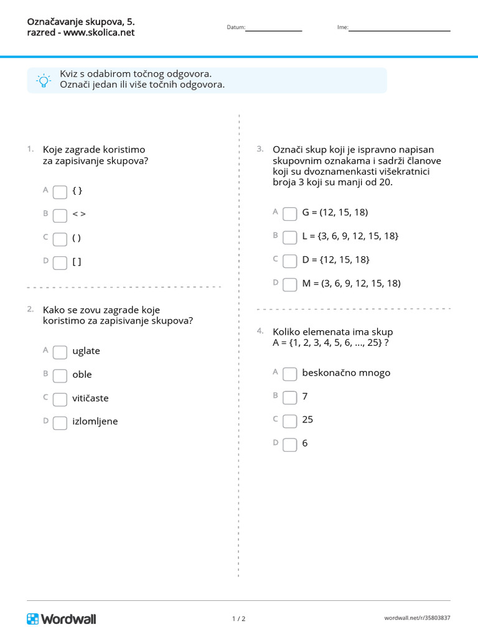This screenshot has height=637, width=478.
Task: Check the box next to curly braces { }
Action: pyautogui.click(x=60, y=192)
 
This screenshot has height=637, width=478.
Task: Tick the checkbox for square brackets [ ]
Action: pyautogui.click(x=60, y=263)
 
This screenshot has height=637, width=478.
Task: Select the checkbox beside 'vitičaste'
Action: pyautogui.click(x=60, y=399)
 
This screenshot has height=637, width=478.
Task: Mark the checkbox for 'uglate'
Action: pyautogui.click(x=60, y=352)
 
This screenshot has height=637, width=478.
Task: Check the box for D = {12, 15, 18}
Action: pyautogui.click(x=290, y=261)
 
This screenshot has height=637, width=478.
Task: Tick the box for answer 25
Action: pyautogui.click(x=290, y=421)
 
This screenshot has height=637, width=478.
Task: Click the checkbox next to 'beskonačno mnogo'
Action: pyautogui.click(x=290, y=374)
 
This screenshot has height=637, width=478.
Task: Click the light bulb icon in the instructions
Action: pyautogui.click(x=44, y=81)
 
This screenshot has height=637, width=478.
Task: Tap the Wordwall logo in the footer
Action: pyautogui.click(x=62, y=618)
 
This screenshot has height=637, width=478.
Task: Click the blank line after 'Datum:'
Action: pyautogui.click(x=274, y=29)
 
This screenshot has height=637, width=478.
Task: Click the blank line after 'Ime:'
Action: pyautogui.click(x=399, y=29)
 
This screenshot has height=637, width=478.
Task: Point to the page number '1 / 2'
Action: pyautogui.click(x=239, y=619)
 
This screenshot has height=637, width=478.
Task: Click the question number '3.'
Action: pyautogui.click(x=260, y=149)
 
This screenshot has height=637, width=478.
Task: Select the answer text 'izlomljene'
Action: pyautogui.click(x=95, y=421)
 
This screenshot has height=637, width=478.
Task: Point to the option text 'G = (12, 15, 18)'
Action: pyautogui.click(x=335, y=212)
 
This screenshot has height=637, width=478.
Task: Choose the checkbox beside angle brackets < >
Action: pyautogui.click(x=60, y=215)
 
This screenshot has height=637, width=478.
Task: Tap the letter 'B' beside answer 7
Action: pyautogui.click(x=275, y=395)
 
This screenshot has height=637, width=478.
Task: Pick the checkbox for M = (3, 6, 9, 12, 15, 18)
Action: pyautogui.click(x=290, y=284)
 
